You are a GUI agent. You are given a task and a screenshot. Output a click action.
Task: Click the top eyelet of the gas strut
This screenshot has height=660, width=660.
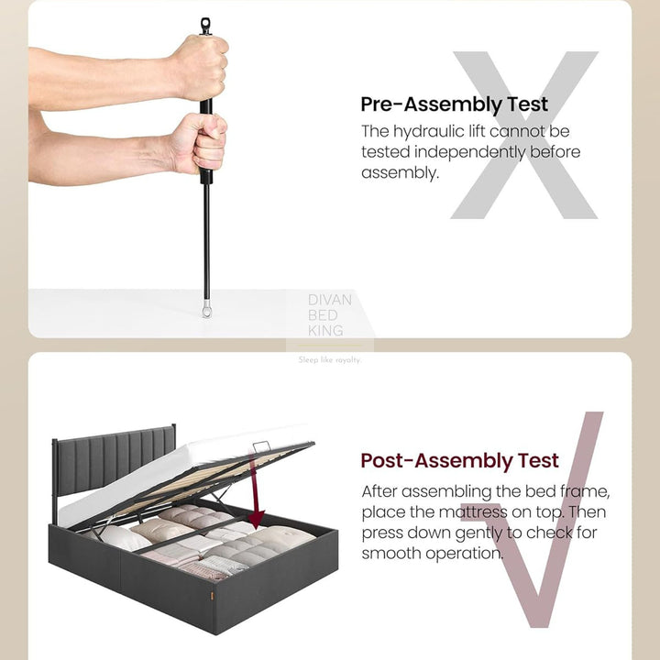(205, 26)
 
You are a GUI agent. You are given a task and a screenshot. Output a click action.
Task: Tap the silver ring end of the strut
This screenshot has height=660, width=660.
(206, 311)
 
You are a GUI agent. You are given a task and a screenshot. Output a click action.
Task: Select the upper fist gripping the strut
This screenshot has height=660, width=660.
(200, 67)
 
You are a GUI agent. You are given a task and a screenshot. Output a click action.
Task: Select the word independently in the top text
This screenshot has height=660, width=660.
(469, 152)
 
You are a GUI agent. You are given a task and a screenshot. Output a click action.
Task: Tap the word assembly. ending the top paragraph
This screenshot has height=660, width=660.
(400, 173)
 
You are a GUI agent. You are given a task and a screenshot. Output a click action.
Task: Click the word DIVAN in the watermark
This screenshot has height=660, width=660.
(330, 300)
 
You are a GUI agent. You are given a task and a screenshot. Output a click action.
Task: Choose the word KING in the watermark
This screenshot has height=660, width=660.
(325, 331)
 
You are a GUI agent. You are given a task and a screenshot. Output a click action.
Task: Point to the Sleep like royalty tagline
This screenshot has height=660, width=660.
(330, 360)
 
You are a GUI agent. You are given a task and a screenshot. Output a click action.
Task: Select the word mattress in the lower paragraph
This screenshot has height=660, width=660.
(473, 512)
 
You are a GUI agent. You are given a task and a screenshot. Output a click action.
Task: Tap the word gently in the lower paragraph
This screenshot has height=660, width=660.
(478, 533)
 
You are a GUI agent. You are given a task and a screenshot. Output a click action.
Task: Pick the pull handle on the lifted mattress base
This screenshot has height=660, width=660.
(261, 445)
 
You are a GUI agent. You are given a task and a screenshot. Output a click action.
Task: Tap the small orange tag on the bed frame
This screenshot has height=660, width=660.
(212, 596)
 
